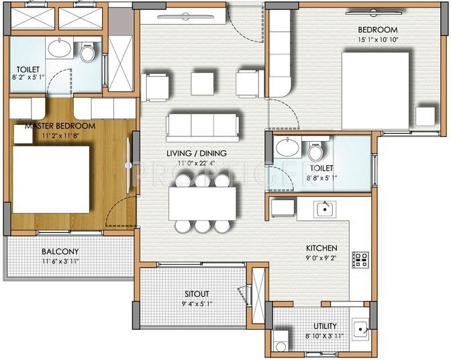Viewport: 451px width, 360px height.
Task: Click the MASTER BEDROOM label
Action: [x=60, y=126]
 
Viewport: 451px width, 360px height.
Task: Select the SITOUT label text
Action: [x=197, y=294]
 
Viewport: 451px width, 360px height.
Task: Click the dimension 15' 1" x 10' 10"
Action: [x=377, y=40]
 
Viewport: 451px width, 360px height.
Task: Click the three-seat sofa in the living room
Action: [x=203, y=124]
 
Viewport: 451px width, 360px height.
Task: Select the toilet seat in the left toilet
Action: [x=87, y=53]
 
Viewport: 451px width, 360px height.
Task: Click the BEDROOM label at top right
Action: [x=377, y=30]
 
